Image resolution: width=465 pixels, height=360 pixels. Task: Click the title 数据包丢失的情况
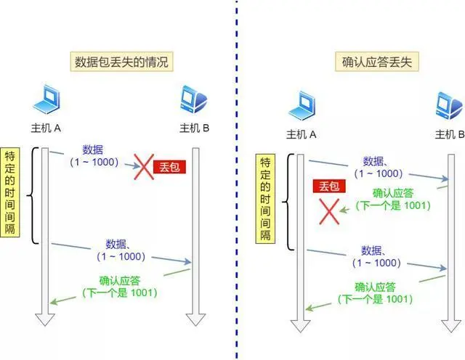pos(121,62)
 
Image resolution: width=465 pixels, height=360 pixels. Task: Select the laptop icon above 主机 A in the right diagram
pos(302,107)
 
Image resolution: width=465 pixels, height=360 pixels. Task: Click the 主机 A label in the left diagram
pos(46,129)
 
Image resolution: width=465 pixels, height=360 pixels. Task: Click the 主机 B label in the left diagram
pos(194,129)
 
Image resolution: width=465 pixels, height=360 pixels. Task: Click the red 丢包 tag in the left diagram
pos(171,167)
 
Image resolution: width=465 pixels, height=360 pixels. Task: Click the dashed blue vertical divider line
pos(236,181)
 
